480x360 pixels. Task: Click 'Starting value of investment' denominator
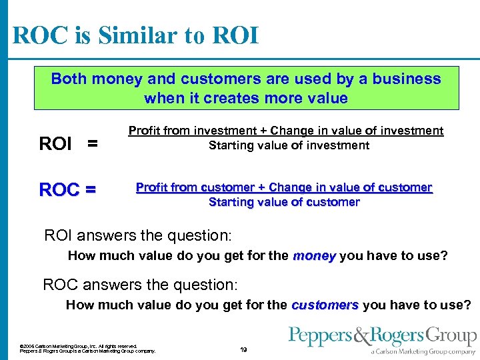tap(289, 145)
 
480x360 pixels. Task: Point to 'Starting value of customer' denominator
tap(284, 202)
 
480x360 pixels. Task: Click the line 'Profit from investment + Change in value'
tap(285, 131)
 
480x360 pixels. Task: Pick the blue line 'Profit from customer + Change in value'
tap(284, 187)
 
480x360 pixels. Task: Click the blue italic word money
tap(314, 255)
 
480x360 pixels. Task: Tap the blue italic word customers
tap(325, 305)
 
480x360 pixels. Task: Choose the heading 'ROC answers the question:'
tap(139, 285)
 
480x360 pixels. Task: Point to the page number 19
tap(243, 349)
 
